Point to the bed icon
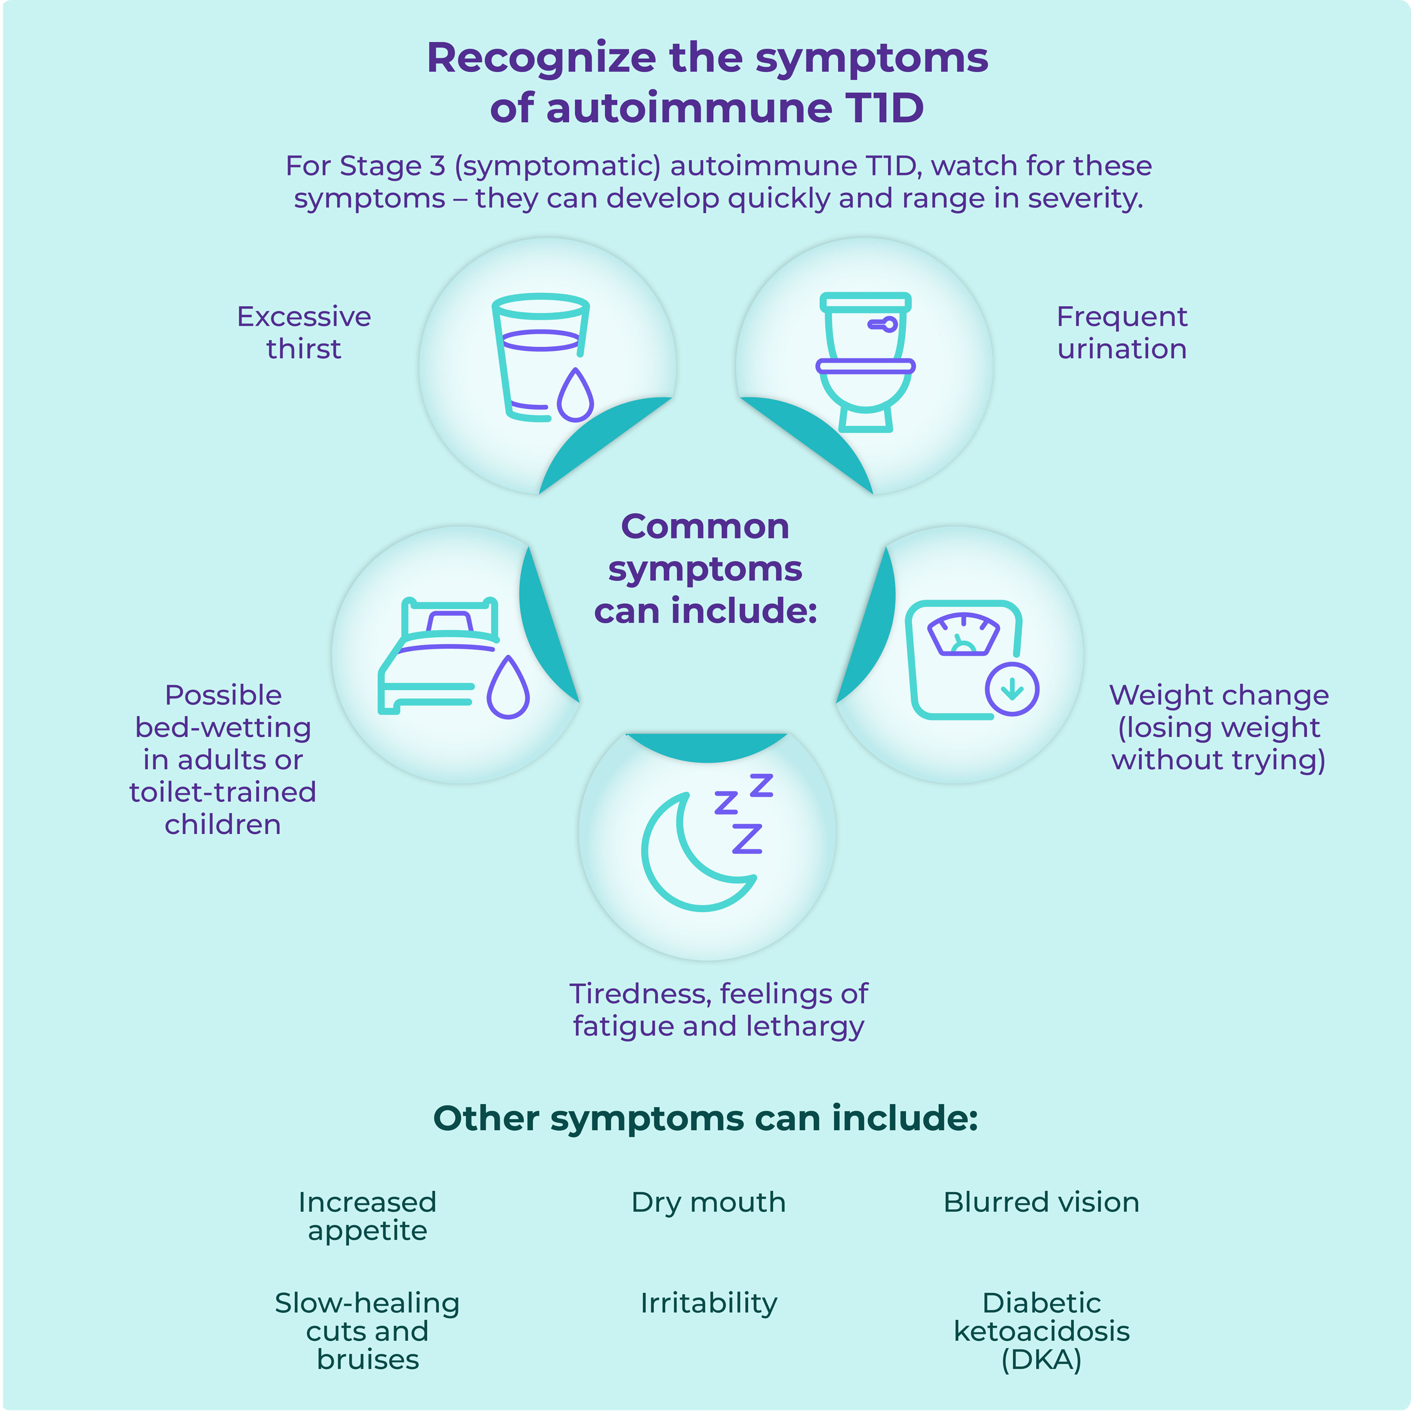[435, 657]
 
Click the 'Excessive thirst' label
[304, 332]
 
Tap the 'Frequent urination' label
[1122, 332]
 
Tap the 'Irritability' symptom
[708, 1303]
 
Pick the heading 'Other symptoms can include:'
[705, 1118]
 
